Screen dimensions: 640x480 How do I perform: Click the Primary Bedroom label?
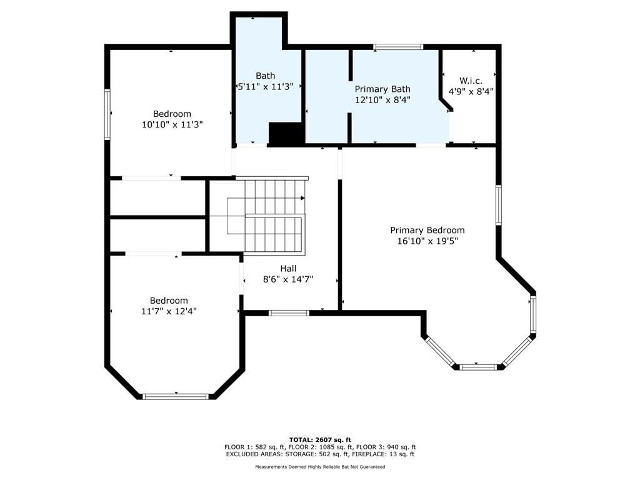click(x=427, y=230)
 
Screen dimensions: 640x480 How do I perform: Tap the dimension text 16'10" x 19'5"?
click(x=427, y=241)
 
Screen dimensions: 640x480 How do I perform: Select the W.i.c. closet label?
click(x=471, y=81)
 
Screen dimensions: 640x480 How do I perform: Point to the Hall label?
click(x=288, y=269)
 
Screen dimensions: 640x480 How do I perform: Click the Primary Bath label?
click(x=382, y=89)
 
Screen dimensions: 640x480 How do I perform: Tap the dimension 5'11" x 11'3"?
click(x=266, y=86)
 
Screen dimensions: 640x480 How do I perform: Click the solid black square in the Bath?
click(x=286, y=133)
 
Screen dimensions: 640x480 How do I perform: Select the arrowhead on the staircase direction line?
click(x=303, y=198)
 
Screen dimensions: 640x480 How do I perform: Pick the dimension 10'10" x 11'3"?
click(x=172, y=124)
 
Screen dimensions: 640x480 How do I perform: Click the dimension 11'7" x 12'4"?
click(x=169, y=311)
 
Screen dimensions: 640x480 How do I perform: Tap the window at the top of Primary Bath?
click(x=398, y=47)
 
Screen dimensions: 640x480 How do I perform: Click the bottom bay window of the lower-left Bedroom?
click(x=176, y=396)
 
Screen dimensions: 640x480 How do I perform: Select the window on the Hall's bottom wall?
click(x=289, y=313)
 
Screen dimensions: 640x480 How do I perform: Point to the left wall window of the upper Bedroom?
click(x=107, y=114)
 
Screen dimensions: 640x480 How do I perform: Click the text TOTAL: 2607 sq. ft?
click(x=320, y=439)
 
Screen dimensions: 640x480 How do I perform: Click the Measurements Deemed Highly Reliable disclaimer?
click(x=320, y=466)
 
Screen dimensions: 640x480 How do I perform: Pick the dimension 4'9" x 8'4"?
click(x=471, y=91)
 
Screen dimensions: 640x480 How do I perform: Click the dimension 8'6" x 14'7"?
click(x=288, y=279)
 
